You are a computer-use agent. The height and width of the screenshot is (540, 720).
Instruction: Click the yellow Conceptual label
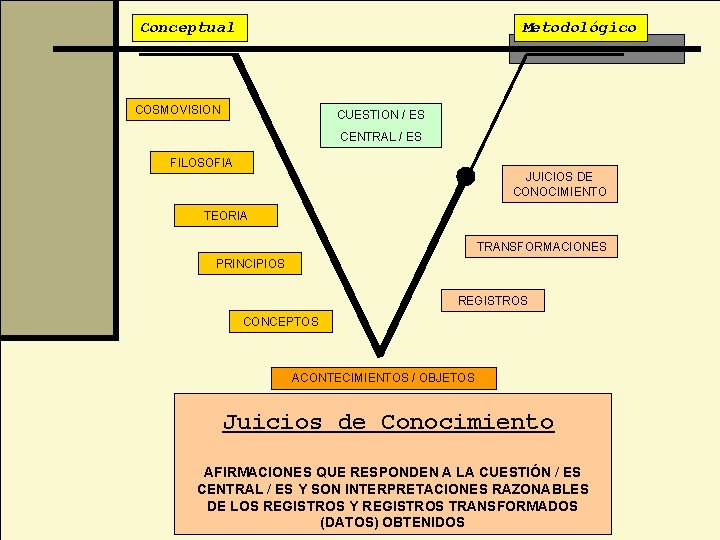point(188,28)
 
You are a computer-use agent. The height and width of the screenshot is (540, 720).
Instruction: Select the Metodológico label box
point(580,27)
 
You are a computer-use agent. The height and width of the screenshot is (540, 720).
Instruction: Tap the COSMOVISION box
point(178,109)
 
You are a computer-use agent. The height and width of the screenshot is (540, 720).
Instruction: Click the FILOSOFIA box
point(201,162)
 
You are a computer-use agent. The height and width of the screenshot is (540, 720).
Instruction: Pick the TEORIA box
point(225,215)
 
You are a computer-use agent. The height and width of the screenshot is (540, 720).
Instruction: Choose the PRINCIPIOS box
point(250,264)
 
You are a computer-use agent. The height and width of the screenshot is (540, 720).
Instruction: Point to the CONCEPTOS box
point(280,321)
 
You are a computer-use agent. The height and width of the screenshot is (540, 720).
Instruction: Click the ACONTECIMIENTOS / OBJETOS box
point(383,378)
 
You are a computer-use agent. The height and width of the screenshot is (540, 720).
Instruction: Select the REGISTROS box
point(493,300)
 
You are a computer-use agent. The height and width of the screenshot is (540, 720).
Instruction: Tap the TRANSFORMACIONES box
point(541,246)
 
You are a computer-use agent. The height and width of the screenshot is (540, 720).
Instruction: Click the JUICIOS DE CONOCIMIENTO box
point(560,184)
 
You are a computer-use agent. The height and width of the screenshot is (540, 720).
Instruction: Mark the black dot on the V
point(465,176)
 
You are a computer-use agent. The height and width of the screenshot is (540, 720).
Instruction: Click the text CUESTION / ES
point(380,115)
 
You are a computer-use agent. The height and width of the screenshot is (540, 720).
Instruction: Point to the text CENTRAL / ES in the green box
point(381,137)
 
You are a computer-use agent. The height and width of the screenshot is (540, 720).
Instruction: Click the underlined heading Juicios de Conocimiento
point(388,422)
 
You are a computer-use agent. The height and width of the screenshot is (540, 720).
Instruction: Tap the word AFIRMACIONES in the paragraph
point(257,471)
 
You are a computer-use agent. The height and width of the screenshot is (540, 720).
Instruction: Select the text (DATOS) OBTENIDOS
point(392,522)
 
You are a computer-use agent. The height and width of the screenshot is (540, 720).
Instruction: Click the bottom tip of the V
point(379,352)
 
